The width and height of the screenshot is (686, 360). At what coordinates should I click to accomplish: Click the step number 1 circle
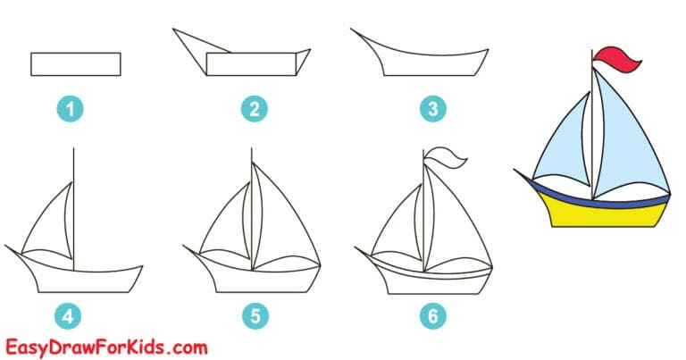coord(75,109)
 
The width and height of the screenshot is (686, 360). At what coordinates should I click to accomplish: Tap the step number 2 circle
coord(254,109)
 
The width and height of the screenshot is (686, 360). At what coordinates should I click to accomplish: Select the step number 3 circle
coord(432,109)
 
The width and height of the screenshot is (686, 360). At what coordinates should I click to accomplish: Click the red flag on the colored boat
coord(618,59)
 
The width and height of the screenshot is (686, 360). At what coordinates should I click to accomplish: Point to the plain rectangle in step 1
coord(75,64)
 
